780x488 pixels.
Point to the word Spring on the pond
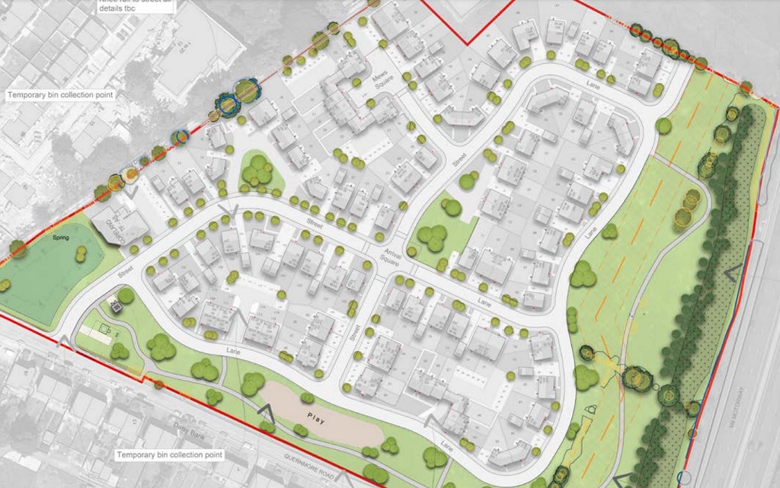point(61,238)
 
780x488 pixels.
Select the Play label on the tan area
point(315,417)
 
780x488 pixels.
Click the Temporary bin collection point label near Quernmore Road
point(169,455)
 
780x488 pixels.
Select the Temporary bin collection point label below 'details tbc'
point(60,95)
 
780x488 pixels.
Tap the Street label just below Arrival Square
point(353,332)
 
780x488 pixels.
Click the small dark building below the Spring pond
point(117,307)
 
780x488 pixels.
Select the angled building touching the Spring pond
point(122,225)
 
